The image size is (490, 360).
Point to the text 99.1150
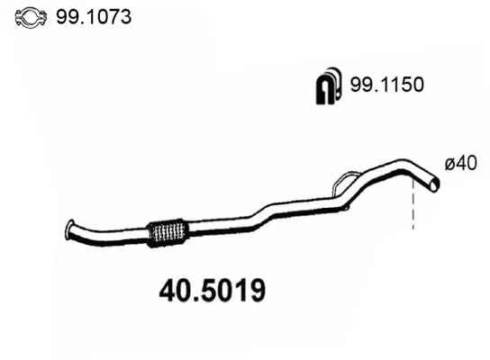(x=385, y=85)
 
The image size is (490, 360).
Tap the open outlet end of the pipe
(x=436, y=184)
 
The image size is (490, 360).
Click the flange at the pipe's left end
(x=72, y=229)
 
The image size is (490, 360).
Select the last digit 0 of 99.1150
(x=418, y=85)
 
